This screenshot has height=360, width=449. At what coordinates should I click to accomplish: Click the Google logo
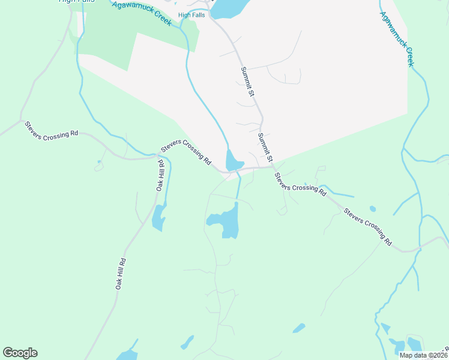[20, 353]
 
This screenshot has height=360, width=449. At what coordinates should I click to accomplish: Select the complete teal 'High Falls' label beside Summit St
[191, 15]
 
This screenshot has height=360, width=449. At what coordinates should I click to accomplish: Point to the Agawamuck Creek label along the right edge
[397, 39]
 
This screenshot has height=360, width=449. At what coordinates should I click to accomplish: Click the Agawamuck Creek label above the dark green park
[142, 13]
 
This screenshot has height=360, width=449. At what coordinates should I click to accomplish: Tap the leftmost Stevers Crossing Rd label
[52, 130]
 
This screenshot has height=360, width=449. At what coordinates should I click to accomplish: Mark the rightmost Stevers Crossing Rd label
[367, 226]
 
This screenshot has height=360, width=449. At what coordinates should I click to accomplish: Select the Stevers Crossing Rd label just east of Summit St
[300, 185]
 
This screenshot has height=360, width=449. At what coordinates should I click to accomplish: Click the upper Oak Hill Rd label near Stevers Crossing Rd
[160, 175]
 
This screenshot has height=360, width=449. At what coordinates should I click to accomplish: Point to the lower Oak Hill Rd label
[121, 274]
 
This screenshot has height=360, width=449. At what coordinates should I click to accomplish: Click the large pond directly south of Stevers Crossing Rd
[226, 221]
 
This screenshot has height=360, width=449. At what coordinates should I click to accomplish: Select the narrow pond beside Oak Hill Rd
[158, 217]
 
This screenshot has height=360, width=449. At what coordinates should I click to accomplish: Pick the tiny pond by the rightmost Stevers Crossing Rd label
[373, 209]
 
